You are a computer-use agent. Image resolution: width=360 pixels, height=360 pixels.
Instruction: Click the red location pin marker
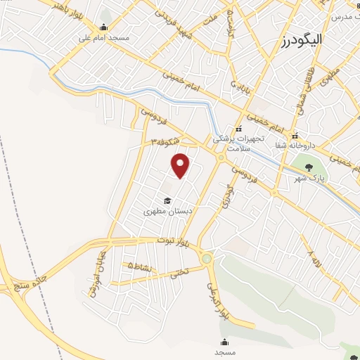coord(181,165)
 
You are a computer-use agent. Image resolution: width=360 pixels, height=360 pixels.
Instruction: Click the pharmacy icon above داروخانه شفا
coord(295,135)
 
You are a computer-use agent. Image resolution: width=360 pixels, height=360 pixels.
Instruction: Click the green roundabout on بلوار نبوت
coord(206,258)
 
